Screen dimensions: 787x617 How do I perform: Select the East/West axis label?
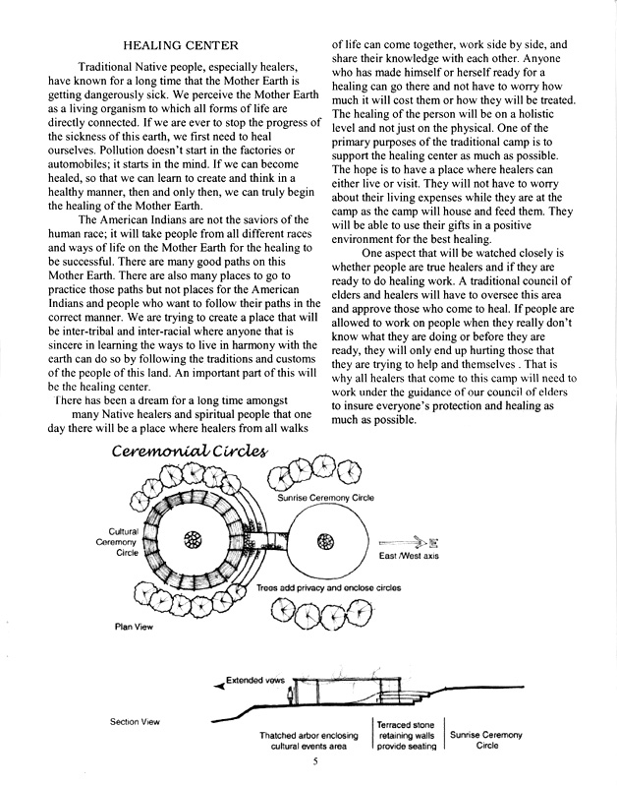tap(405, 556)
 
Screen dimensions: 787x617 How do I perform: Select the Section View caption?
tap(136, 722)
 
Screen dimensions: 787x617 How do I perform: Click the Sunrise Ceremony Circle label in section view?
tap(485, 740)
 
